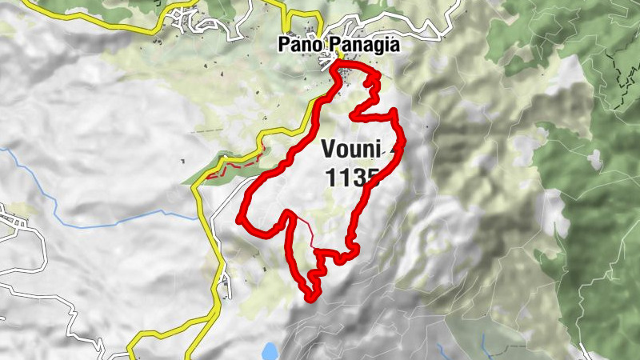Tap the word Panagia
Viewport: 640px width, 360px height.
[x=362, y=46]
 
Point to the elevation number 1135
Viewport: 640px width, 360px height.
[x=352, y=178]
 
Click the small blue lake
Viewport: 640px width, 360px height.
[x=270, y=350]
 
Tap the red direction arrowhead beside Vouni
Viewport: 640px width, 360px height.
[x=399, y=144]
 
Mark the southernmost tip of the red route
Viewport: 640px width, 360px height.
[x=310, y=298]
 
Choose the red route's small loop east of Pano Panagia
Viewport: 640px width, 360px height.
[x=370, y=80]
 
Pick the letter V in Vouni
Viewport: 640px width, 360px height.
[x=328, y=149]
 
